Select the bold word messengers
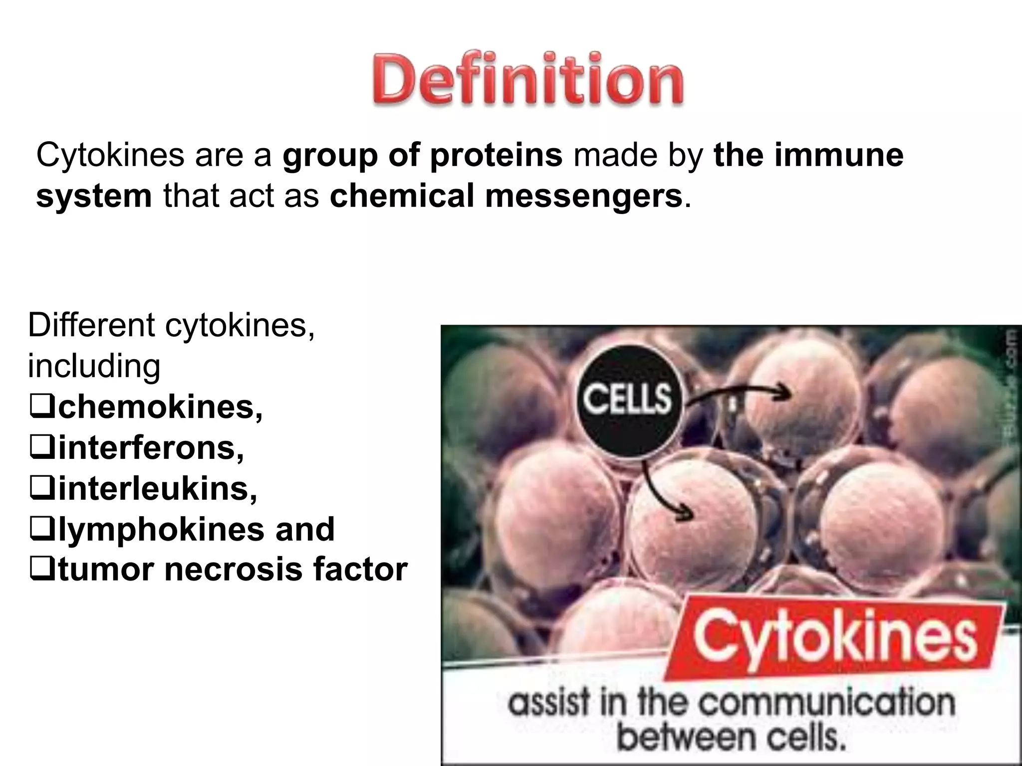click(x=583, y=196)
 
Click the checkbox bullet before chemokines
click(x=42, y=407)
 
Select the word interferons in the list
click(x=151, y=448)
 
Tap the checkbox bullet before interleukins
click(x=42, y=489)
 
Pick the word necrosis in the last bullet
click(x=233, y=570)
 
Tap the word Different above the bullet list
click(x=91, y=326)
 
